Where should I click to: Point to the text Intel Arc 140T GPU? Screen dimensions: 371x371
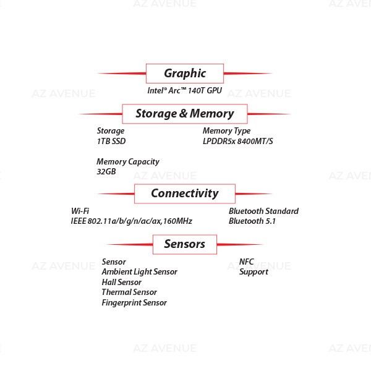184,90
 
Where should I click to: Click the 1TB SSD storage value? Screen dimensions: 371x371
111,141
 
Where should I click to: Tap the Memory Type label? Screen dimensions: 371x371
226,131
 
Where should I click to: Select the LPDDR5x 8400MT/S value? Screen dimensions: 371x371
238,141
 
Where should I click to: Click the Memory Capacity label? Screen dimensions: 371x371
128,162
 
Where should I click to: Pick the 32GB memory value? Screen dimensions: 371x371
106,171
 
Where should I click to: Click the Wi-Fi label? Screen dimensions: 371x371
80,211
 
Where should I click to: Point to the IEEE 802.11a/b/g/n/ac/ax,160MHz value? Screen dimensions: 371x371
132,221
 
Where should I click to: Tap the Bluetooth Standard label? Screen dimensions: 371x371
263,211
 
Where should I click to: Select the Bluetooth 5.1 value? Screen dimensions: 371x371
252,221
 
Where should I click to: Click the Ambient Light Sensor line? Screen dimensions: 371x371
139,272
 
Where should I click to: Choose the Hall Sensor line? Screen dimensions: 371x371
121,282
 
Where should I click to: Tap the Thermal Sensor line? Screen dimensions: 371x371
129,292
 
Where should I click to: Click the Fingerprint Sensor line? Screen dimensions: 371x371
134,302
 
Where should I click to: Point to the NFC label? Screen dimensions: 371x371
246,262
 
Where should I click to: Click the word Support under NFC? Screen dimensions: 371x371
254,272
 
